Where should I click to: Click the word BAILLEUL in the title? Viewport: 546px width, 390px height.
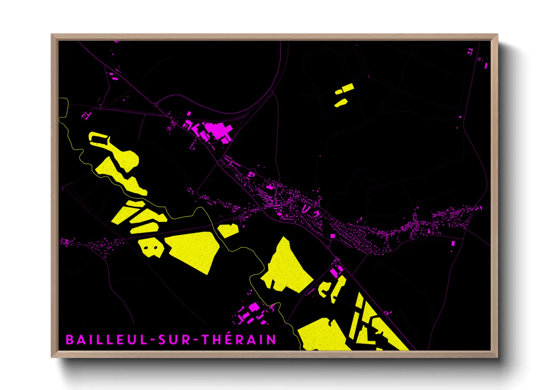[107, 339]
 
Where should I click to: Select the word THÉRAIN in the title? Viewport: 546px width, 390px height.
[239, 339]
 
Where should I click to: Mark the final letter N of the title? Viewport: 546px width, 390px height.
[272, 339]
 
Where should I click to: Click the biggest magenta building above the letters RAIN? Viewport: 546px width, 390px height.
[254, 307]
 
